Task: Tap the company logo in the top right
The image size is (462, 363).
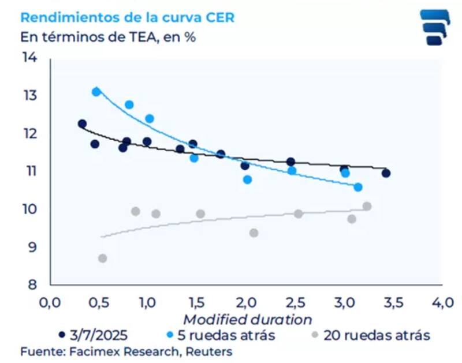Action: pos(434,27)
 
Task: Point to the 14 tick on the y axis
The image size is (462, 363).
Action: pos(29,57)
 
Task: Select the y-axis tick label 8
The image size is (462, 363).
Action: pos(32,285)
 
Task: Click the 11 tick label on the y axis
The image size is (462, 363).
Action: pos(29,171)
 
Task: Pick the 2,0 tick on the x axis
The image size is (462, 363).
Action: pos(247,302)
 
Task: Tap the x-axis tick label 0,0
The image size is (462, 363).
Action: pos(50,302)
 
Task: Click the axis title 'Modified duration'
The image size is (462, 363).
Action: pos(247,319)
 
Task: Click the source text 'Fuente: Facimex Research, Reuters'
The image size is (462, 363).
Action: pos(126,351)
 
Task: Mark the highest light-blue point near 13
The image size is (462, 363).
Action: pos(96,92)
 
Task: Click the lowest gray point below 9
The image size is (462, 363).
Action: pos(102,259)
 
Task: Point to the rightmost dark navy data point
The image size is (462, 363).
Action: pos(386,173)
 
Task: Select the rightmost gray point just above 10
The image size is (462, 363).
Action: pos(367,206)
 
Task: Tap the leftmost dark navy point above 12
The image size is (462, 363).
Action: pos(82,124)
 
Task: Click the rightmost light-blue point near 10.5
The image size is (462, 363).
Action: pos(358,187)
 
